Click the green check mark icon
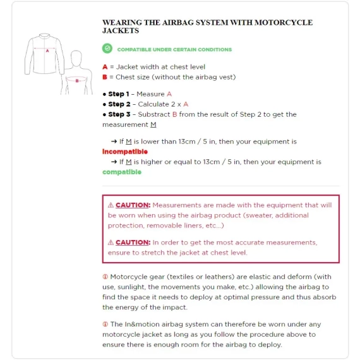pos(107,49)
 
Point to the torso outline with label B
pos(76,75)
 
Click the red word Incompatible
pos(125,152)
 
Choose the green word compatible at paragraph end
pos(122,172)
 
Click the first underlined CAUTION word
pos(133,205)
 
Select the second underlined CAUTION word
pos(133,243)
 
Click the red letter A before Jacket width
pos(105,67)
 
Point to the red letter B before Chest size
pos(105,77)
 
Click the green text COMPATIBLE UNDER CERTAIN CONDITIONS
pos(174,49)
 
